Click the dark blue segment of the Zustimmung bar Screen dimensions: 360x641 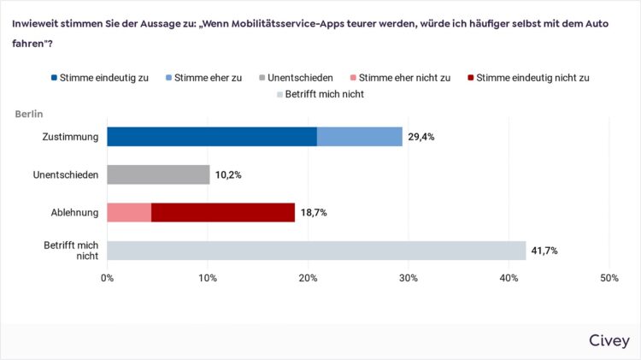[x=212, y=137]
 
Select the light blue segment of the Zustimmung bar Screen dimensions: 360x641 [x=359, y=137]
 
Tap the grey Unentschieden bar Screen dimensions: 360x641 [x=158, y=174]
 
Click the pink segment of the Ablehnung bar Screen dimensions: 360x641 [x=129, y=212]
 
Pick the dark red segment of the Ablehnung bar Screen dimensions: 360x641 [x=223, y=212]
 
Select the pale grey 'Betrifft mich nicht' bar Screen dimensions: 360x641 [x=316, y=250]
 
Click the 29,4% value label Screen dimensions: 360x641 [x=421, y=137]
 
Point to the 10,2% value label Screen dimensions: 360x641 [x=229, y=174]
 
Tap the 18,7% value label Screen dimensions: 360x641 [x=315, y=212]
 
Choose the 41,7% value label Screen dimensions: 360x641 [x=545, y=250]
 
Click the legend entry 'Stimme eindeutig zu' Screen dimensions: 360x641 [x=99, y=77]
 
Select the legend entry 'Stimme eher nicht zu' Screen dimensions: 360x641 [x=401, y=77]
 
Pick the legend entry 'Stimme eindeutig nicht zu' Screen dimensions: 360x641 [x=529, y=77]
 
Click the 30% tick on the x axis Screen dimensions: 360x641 [x=409, y=278]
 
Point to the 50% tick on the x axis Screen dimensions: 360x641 [x=609, y=278]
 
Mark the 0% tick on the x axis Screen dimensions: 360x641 [x=107, y=278]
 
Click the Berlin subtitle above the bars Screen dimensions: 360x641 [x=29, y=114]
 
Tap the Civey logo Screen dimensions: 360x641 [x=609, y=340]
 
